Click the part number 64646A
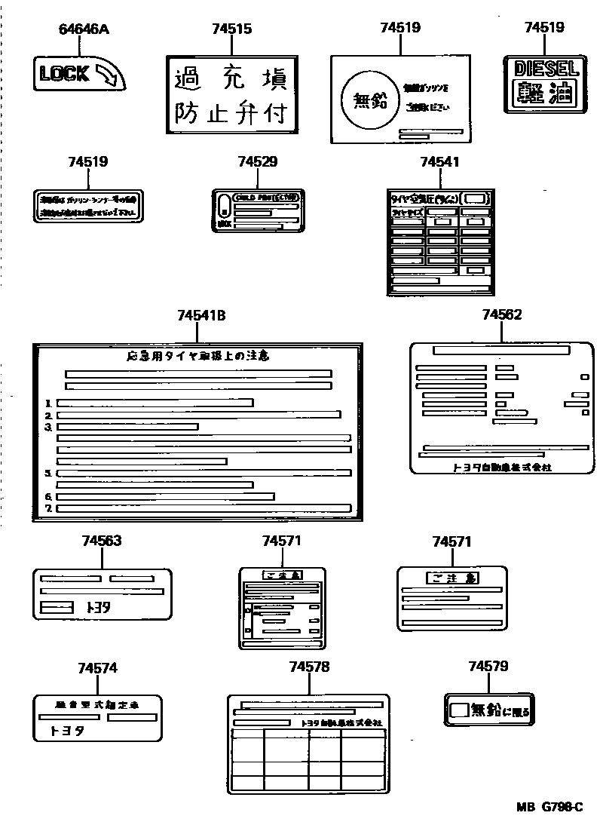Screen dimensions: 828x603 [x=84, y=29]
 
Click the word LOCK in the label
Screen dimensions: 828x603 [x=64, y=74]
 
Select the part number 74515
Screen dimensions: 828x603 [x=231, y=29]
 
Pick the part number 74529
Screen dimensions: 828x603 [x=257, y=161]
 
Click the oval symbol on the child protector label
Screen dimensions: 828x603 [x=223, y=204]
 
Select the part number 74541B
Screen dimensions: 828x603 [x=201, y=317]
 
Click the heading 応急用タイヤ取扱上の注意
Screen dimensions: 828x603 [x=198, y=356]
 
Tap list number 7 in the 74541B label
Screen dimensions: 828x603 [x=48, y=508]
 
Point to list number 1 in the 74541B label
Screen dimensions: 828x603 [x=48, y=403]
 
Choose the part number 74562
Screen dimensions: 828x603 [x=501, y=314]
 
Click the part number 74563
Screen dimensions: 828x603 [x=102, y=541]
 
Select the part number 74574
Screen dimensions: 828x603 [x=97, y=668]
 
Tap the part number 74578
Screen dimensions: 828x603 [x=309, y=667]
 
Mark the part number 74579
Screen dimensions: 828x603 [x=488, y=667]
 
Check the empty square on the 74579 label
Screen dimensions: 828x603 [x=459, y=710]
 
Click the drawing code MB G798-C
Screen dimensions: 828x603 [x=550, y=807]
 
